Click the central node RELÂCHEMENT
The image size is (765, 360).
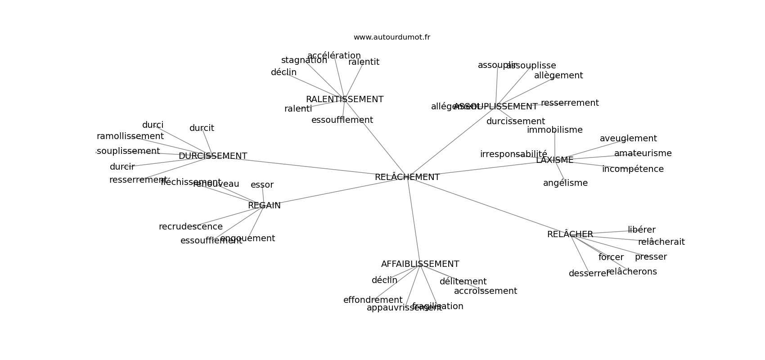coord(407,177)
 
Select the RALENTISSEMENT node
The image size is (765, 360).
coord(345,99)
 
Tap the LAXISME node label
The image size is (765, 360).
coord(554,160)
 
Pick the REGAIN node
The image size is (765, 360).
coord(264,206)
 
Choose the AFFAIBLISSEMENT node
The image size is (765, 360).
coord(420,264)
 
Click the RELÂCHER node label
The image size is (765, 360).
coord(570,234)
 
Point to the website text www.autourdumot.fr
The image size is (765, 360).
coord(391,37)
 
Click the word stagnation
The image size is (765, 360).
coord(304,60)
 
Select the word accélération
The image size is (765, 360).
coord(334,56)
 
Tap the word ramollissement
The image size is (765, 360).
coord(130,136)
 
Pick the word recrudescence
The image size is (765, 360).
coord(190,227)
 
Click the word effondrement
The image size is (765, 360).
coord(373,300)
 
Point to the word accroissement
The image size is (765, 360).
coord(485,291)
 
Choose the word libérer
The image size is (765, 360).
coord(641,230)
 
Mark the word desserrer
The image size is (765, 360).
coord(589,274)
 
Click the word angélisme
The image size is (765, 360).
coord(565,183)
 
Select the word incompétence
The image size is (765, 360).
coord(632,169)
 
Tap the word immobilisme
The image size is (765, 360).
coord(554,130)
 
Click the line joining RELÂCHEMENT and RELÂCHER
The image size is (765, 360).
coord(488,206)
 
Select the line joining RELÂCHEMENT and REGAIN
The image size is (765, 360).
coord(335,191)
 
